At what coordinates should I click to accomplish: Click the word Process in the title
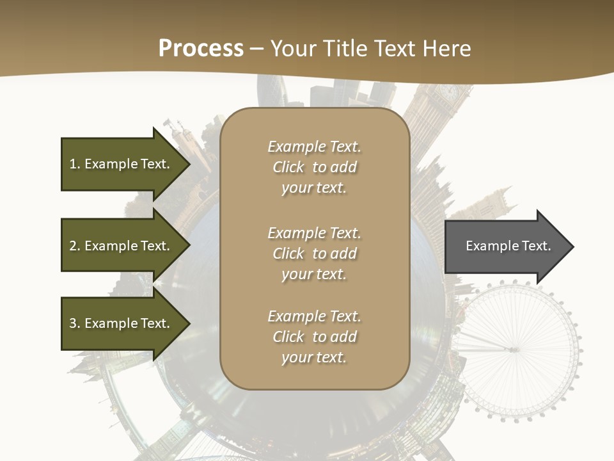click(201, 49)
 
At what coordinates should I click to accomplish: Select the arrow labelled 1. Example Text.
click(122, 164)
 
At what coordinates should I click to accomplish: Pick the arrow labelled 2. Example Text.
click(122, 246)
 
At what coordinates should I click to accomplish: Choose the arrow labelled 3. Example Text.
click(122, 323)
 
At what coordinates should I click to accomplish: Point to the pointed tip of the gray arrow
click(572, 247)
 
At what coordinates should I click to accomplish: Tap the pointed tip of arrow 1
click(189, 164)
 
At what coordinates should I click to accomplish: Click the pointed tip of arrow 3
click(189, 323)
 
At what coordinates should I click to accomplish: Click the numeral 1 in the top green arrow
click(72, 164)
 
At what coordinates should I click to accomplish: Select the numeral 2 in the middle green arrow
click(73, 246)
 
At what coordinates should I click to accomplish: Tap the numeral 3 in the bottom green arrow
click(73, 323)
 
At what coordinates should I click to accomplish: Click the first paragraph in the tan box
click(314, 167)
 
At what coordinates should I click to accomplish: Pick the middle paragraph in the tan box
click(314, 254)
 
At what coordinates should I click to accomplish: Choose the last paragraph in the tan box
click(314, 337)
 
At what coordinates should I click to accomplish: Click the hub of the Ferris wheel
click(512, 350)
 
